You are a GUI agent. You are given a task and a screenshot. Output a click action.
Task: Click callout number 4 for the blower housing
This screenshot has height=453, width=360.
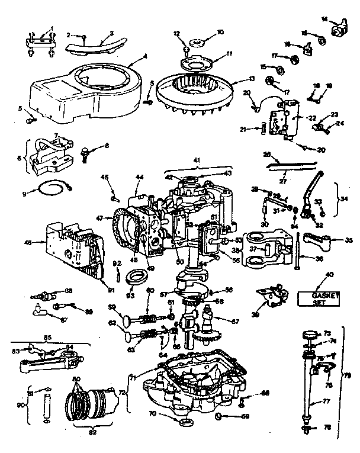tap(144, 57)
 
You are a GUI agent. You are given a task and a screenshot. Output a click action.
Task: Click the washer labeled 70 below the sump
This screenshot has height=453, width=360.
tap(184, 422)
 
